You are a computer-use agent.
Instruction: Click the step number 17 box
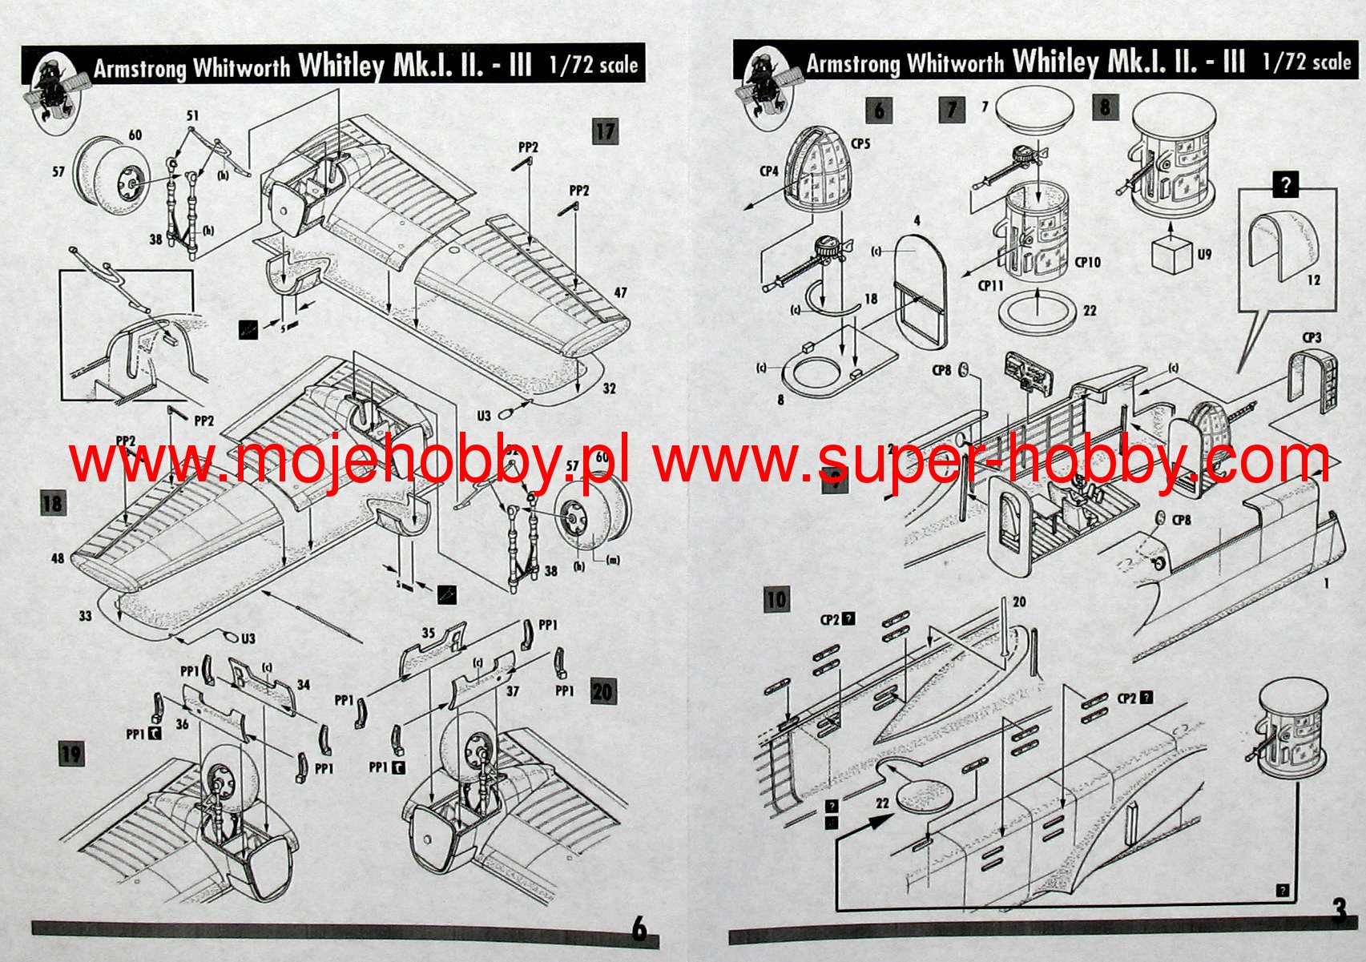click(605, 131)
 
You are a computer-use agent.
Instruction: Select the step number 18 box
click(52, 504)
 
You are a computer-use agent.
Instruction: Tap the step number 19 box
click(71, 754)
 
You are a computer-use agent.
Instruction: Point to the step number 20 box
click(603, 691)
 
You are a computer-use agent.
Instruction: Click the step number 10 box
click(776, 599)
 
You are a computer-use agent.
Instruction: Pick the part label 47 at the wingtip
click(620, 293)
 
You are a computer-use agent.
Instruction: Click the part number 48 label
click(58, 557)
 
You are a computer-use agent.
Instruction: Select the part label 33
click(85, 616)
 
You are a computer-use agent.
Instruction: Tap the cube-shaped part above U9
click(1170, 255)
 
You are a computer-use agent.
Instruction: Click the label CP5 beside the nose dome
click(860, 144)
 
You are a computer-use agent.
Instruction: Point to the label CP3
click(1312, 338)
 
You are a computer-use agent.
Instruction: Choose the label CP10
click(1088, 262)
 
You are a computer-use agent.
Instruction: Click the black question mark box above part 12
click(1285, 185)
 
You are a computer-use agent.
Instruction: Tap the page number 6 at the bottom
click(639, 930)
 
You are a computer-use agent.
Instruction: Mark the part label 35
click(429, 633)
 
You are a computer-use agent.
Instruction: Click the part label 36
click(183, 724)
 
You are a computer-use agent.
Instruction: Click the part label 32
click(610, 388)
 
